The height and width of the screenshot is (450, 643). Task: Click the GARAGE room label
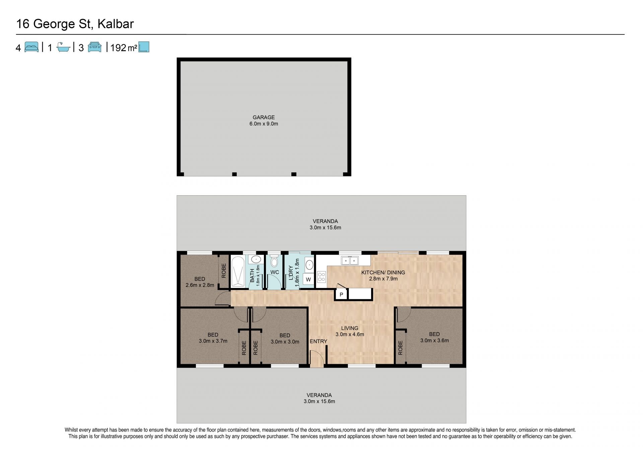pyautogui.click(x=264, y=118)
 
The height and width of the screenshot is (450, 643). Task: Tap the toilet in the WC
pyautogui.click(x=274, y=261)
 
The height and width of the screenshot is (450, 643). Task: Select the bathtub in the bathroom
pyautogui.click(x=238, y=272)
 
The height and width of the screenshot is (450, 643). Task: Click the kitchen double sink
pyautogui.click(x=350, y=260)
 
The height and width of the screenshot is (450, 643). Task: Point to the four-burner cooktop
pyautogui.click(x=321, y=277)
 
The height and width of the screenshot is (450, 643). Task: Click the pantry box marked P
pyautogui.click(x=341, y=294)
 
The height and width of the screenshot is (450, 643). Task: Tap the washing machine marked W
pyautogui.click(x=308, y=279)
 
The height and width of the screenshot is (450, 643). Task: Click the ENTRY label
pyautogui.click(x=318, y=341)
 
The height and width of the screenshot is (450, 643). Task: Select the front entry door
pyautogui.click(x=317, y=359)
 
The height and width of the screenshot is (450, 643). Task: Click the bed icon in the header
pyautogui.click(x=31, y=47)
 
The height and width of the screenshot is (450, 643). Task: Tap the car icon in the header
pyautogui.click(x=94, y=47)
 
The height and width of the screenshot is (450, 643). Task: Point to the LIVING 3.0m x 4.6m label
pyautogui.click(x=350, y=331)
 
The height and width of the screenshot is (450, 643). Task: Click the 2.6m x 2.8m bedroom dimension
pyautogui.click(x=200, y=285)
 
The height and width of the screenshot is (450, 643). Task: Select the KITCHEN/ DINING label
pyautogui.click(x=383, y=273)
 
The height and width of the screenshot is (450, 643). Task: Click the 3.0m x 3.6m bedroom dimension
pyautogui.click(x=434, y=341)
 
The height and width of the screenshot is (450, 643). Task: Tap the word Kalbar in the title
pyautogui.click(x=116, y=24)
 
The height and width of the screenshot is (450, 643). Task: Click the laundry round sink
pyautogui.click(x=309, y=265)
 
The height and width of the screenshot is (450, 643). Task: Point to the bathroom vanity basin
pyautogui.click(x=256, y=259)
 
